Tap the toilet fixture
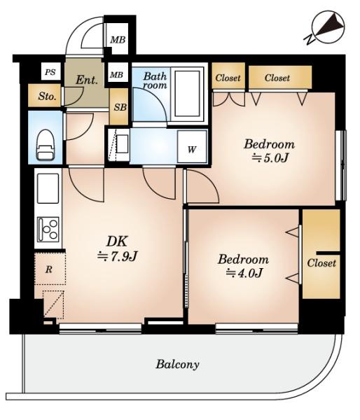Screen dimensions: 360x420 pos(45,145)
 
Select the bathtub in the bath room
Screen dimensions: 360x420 pos(188,93)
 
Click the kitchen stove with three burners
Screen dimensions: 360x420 pos(48,230)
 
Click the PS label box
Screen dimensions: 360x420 pos(50,72)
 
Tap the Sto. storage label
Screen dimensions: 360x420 pos(47,96)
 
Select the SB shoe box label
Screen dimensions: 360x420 pos(120,107)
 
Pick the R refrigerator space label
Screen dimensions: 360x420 pos(49,269)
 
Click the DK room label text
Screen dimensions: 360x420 pos(116,241)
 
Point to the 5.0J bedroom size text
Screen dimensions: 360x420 pos(270,158)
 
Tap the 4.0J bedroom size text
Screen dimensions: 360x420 pos(244,273)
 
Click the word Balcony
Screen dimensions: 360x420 pos(177,364)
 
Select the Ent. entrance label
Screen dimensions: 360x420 pos(86,80)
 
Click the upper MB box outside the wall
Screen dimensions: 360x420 pos(118,40)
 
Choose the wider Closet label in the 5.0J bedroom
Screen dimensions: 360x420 pos(277,78)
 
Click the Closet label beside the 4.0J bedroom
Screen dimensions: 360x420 pos(321,263)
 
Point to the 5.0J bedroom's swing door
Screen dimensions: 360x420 pos(202,186)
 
